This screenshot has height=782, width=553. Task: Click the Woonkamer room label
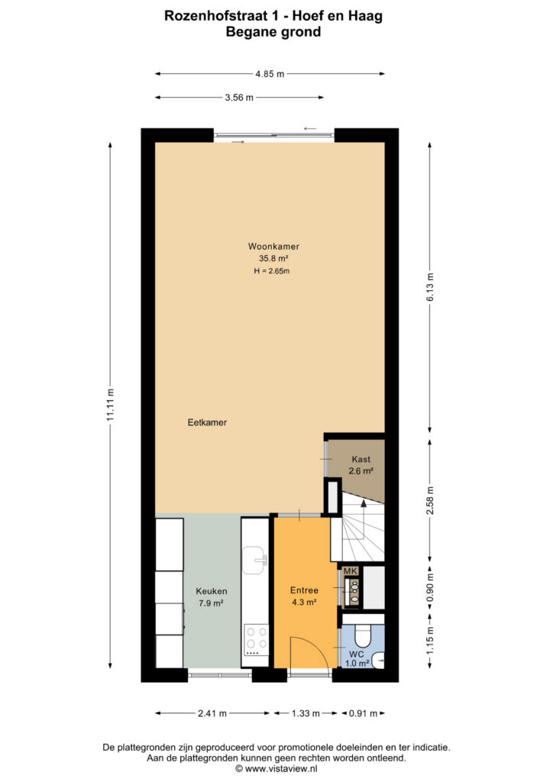click(x=273, y=247)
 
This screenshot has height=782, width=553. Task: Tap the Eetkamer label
click(x=207, y=422)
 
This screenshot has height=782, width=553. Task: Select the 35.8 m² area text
click(x=273, y=258)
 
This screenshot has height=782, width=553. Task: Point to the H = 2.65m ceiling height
click(x=271, y=271)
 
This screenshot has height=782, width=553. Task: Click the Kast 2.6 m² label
click(x=361, y=465)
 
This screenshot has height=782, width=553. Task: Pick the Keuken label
click(x=212, y=591)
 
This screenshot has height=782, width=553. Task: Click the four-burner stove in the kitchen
click(x=256, y=641)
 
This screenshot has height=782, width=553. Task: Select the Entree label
click(x=304, y=590)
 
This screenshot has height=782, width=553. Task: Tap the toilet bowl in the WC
click(x=361, y=636)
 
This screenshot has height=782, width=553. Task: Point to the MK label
click(x=351, y=571)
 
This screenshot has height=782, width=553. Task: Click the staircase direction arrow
click(x=364, y=519)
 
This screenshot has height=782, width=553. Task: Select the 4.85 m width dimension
click(x=270, y=74)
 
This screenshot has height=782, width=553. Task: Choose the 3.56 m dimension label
click(x=239, y=98)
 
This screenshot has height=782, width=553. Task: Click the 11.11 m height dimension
click(x=111, y=405)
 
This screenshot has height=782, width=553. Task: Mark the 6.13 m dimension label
click(x=430, y=287)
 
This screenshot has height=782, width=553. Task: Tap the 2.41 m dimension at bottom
click(x=212, y=713)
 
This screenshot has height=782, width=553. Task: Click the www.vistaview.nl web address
click(x=281, y=768)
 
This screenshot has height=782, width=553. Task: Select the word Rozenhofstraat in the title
click(x=216, y=17)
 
